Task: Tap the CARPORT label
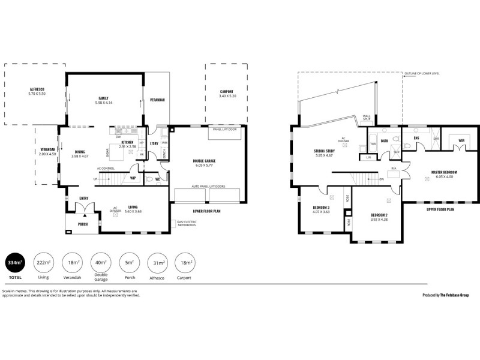[x=227, y=91]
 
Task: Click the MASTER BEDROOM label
[x=444, y=172]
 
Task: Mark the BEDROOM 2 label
[x=380, y=214]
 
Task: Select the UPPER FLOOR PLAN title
[x=439, y=210]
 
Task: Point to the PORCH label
[x=83, y=224]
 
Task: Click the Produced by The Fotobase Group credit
[x=445, y=295]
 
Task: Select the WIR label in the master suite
[x=461, y=140]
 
